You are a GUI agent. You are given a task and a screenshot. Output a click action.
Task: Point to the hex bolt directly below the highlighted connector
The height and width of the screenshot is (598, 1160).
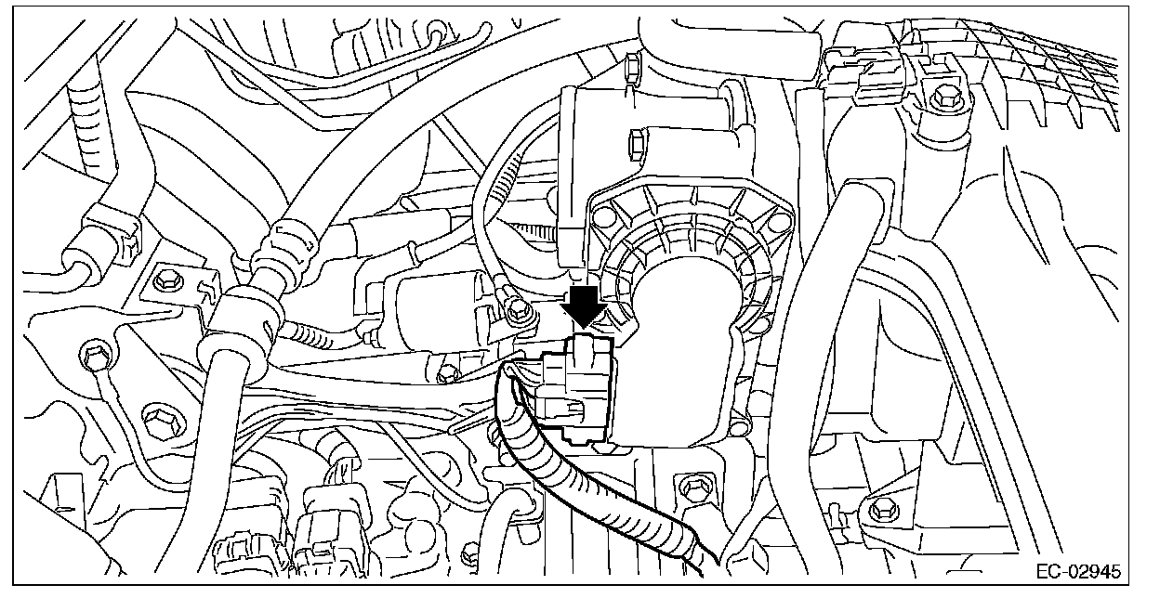pos(690,486)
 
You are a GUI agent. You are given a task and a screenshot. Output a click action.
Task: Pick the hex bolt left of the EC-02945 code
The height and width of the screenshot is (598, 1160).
pos(878,507)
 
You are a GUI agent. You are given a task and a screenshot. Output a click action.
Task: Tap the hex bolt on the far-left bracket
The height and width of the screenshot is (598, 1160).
pos(170,278)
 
